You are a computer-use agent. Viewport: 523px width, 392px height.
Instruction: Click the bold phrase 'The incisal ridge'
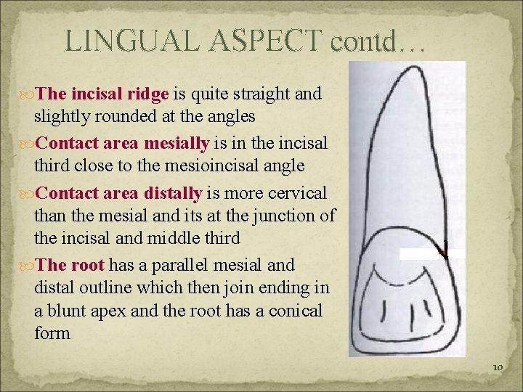coord(102,94)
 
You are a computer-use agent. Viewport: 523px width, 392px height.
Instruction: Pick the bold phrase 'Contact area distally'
coord(119,193)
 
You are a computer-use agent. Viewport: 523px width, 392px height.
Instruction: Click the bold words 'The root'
coord(70,265)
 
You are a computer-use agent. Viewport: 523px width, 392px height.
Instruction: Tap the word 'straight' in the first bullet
coord(260,94)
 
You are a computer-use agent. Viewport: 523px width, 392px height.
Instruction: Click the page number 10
coord(497,367)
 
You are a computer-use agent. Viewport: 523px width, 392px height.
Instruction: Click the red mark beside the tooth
coord(442,250)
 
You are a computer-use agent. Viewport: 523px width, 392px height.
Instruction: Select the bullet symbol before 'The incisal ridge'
coord(27,94)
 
